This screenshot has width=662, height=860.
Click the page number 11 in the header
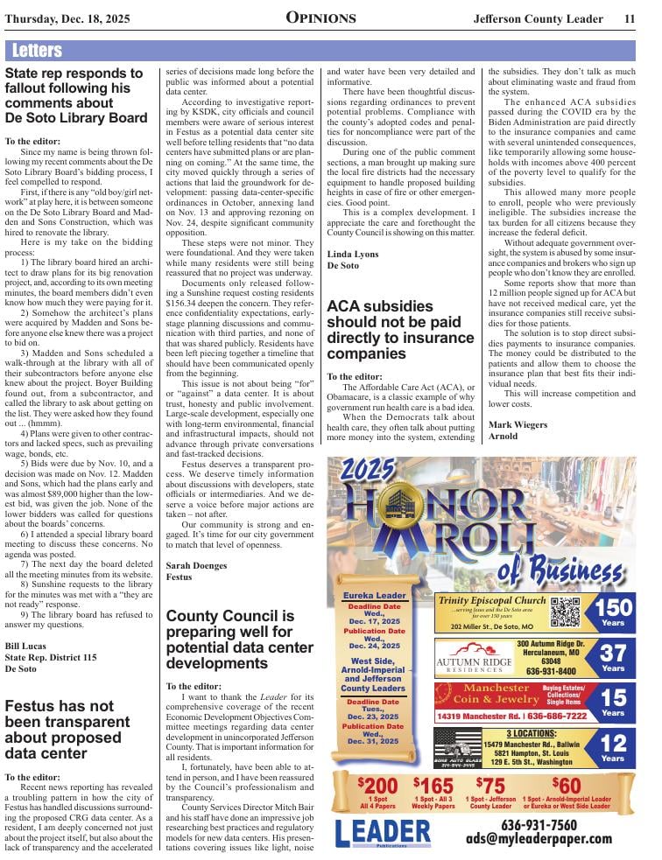coord(630,19)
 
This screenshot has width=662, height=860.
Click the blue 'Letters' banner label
coord(39,51)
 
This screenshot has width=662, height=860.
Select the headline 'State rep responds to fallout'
coord(76,95)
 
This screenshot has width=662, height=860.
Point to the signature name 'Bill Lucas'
coord(26,645)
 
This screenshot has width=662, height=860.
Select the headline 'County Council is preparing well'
coord(239,640)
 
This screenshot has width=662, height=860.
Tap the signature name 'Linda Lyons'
coord(353,253)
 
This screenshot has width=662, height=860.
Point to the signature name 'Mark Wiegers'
coord(518,424)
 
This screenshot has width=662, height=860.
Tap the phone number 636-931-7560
coord(539,825)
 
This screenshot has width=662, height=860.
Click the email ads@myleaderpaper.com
coord(539,840)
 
